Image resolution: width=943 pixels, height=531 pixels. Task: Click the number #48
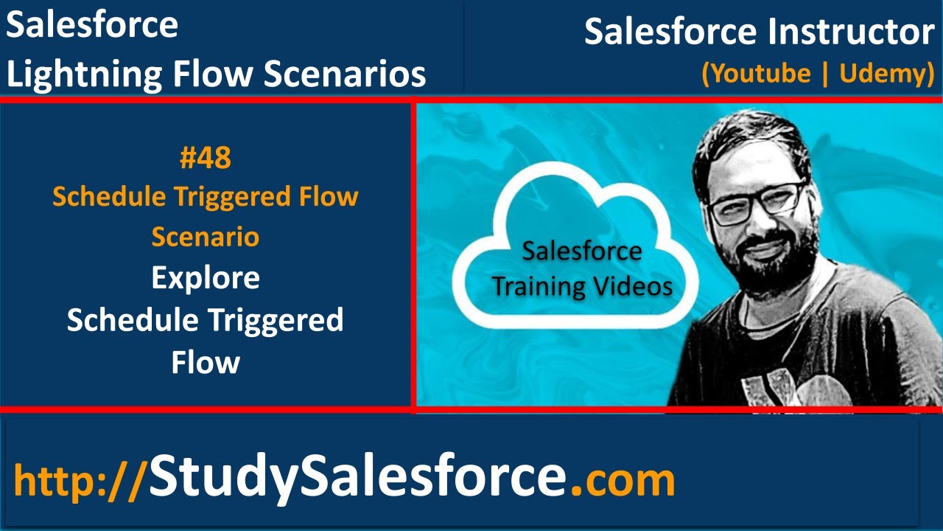(x=205, y=157)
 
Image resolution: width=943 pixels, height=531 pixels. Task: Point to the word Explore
(x=205, y=278)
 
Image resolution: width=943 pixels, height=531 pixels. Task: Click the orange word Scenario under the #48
(x=205, y=237)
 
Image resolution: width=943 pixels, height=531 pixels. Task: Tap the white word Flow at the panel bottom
(x=205, y=362)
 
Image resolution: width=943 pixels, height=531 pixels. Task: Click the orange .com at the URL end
(x=623, y=480)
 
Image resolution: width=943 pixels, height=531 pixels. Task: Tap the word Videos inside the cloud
(x=637, y=285)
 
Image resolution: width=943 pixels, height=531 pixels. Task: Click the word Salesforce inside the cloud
(x=582, y=251)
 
